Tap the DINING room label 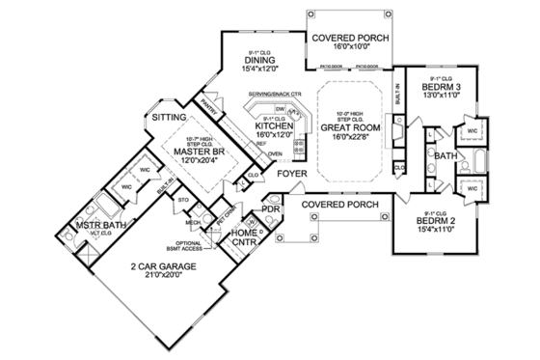coord(261,60)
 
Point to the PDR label coord(271,208)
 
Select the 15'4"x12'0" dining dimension coord(261,69)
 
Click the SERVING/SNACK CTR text coord(276,94)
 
